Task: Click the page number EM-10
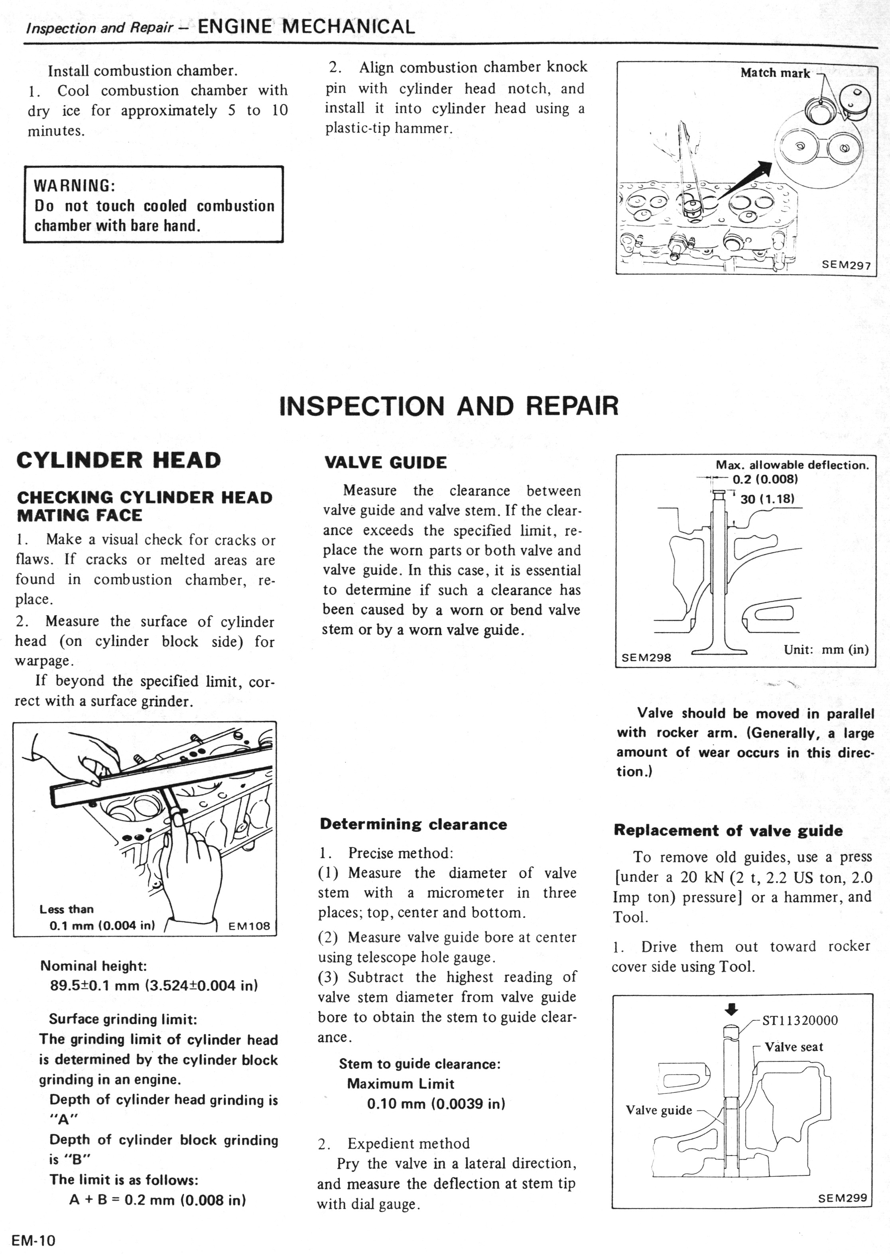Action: (34, 1240)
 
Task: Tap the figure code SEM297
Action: (846, 265)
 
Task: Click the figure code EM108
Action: (249, 926)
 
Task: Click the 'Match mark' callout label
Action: (774, 73)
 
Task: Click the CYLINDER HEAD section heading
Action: (118, 460)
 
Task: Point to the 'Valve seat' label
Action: (794, 1047)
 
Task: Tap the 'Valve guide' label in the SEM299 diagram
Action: (659, 1110)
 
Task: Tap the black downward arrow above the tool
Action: (732, 1008)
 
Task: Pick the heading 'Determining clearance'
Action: (413, 825)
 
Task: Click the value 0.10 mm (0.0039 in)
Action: (436, 1103)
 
